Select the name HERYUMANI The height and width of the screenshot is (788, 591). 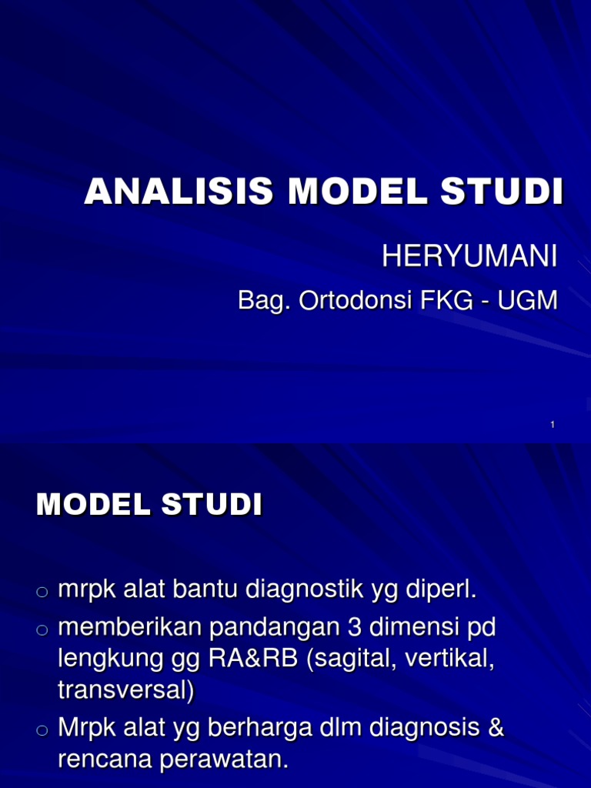pos(469,257)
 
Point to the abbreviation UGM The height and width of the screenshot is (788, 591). pos(527,301)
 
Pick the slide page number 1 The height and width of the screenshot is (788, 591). pos(553,426)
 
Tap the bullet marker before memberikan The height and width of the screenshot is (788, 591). pos(42,631)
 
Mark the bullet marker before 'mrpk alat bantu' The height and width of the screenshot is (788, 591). pos(42,592)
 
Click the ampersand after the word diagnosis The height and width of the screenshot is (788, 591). pos(496,728)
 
